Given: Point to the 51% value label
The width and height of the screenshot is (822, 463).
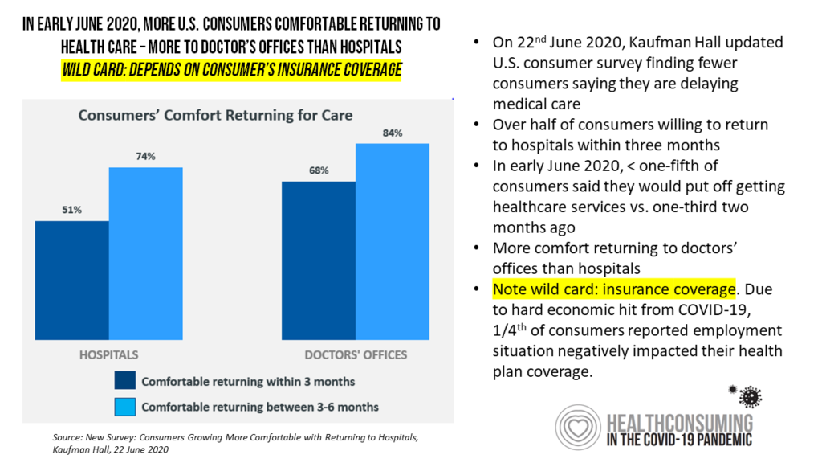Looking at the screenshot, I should tap(72, 211).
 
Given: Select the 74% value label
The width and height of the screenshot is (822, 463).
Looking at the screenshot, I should tap(145, 158).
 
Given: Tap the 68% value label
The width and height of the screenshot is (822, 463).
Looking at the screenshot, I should tap(318, 171).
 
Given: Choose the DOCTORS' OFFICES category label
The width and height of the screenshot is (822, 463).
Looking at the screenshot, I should tap(355, 354).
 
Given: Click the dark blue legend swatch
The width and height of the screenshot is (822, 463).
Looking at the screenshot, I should tap(125, 380).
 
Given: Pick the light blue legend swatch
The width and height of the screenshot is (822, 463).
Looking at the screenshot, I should tap(125, 406).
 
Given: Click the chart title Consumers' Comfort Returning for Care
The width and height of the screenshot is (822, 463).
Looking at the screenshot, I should tap(215, 116).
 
